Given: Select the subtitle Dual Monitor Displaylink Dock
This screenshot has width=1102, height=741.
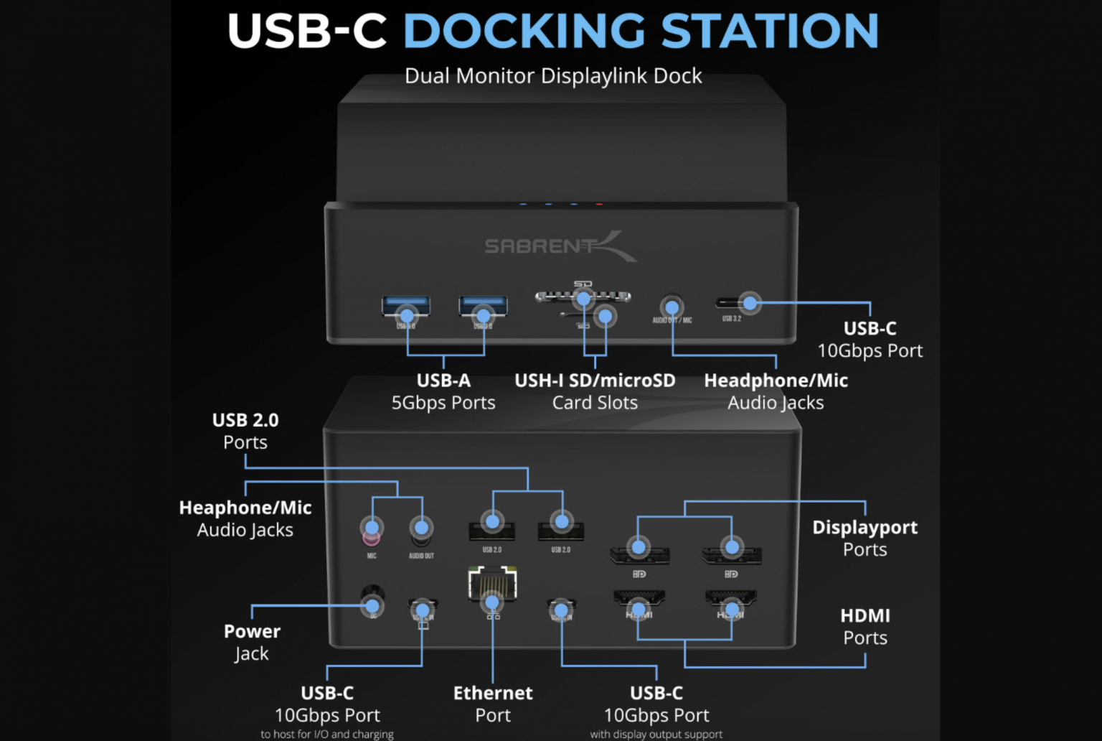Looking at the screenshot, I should tap(553, 76).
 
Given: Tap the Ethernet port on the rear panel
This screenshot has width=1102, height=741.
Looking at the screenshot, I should tap(492, 584).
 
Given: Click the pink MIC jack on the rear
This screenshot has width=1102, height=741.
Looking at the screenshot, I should tap(371, 533).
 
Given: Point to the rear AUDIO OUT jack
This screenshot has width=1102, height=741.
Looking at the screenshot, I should tap(421, 530).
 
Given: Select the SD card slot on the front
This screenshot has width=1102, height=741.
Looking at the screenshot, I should tap(583, 296).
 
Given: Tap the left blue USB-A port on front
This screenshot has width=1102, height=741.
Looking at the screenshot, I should tap(406, 307).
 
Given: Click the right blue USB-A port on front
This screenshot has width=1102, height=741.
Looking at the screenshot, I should tap(483, 307).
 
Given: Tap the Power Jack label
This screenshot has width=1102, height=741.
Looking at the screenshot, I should tap(252, 642).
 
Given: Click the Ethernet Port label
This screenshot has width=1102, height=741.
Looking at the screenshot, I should tap(493, 704).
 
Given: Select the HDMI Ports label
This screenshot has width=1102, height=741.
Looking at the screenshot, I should tap(865, 626).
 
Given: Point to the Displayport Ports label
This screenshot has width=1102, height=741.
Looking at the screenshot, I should tap(865, 538).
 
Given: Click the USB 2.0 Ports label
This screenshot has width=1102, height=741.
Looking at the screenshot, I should tap(245, 431).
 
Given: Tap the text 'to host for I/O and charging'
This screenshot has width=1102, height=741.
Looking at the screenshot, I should tap(327, 734).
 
